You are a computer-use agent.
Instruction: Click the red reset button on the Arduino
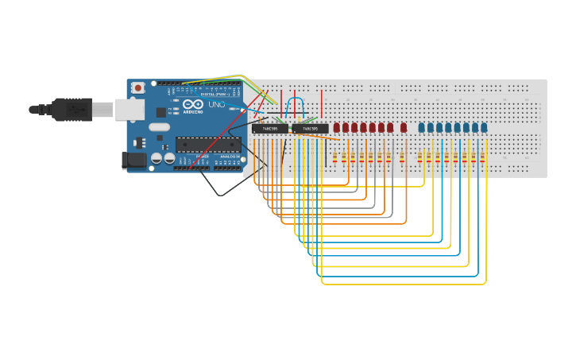[x=138, y=87]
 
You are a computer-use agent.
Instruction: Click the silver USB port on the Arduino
[x=130, y=109]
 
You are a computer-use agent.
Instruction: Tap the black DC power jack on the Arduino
[x=136, y=160]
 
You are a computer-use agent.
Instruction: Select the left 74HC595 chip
[x=270, y=128]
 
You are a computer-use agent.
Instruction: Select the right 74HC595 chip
[x=310, y=128]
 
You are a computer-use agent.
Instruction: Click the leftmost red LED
[x=337, y=127]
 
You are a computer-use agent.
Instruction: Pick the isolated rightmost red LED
[x=404, y=127]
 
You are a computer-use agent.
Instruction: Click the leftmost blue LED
[x=422, y=127]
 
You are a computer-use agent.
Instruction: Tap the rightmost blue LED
[x=484, y=127]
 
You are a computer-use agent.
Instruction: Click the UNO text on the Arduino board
[x=217, y=104]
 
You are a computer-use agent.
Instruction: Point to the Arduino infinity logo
[x=193, y=104]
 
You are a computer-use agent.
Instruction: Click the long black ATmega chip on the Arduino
[x=208, y=144]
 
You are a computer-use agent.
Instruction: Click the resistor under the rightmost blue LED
[x=484, y=157]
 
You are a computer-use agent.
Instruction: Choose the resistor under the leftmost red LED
[x=334, y=157]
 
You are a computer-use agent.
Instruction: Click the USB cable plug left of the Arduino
[x=72, y=109]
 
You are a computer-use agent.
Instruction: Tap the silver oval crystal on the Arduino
[x=160, y=126]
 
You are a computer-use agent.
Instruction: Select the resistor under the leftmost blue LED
[x=420, y=157]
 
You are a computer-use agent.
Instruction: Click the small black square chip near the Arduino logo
[x=160, y=112]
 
